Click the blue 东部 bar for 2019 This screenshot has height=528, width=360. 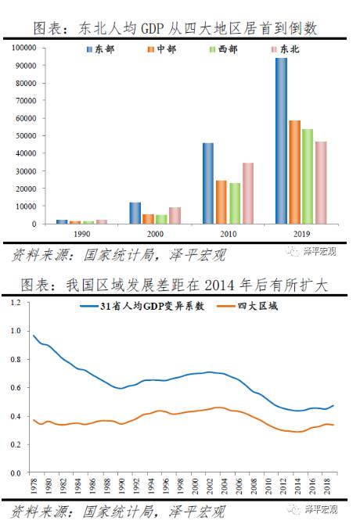coord(281,141)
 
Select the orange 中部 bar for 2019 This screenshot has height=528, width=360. coord(294,172)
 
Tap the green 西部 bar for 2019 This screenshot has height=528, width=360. coord(308,176)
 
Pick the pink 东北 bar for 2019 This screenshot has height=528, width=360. coord(321,182)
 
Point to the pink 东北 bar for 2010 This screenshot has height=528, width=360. coord(248,193)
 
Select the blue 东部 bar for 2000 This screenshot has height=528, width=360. coord(135,213)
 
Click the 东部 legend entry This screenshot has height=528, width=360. coord(99,50)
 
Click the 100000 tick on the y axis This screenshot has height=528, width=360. coord(25,48)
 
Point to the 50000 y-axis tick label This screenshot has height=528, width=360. coord(27,136)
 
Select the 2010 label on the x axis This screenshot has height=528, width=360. coord(229,234)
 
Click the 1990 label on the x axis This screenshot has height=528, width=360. coord(81,234)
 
